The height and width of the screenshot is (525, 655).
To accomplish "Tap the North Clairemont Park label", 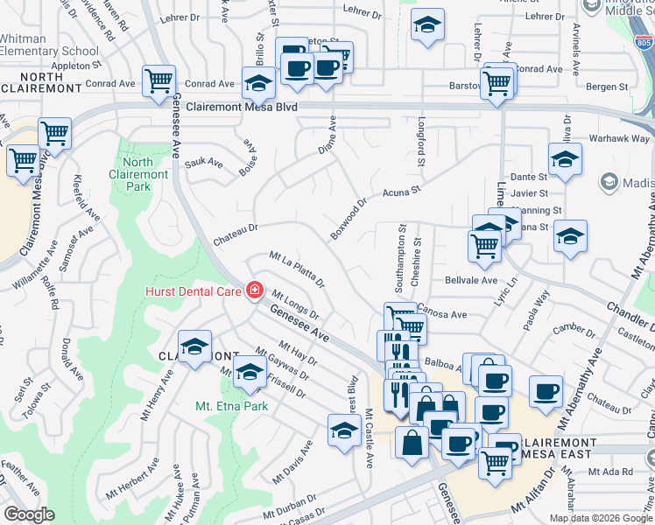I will point(138,174).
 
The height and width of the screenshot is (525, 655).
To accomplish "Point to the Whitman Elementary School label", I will point(49,45).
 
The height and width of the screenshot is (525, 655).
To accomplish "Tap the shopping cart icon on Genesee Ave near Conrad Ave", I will point(158,81).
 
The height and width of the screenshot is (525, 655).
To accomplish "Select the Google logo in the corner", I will point(30,514).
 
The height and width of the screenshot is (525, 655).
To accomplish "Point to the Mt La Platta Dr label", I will point(297,269).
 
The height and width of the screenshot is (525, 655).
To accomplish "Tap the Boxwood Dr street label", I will point(349,218).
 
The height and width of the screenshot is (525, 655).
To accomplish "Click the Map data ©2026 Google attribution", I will point(601,518).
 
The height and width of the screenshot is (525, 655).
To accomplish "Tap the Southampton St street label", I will point(399,261).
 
